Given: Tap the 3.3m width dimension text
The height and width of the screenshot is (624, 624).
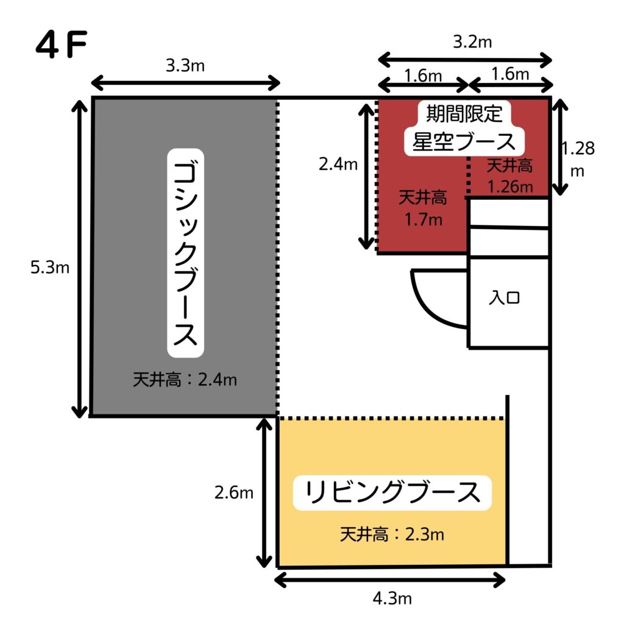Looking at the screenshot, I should coord(185,66).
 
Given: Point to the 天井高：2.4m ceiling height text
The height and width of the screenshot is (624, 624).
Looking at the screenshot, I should coord(185,380).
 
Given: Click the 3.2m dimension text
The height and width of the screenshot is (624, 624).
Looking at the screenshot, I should coord(465,43).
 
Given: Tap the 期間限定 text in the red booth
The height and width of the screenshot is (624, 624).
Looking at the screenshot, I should coord(464,114).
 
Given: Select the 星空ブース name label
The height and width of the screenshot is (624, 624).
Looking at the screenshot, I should coord(464,141).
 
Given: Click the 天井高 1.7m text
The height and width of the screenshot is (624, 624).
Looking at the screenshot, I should coord(422,208).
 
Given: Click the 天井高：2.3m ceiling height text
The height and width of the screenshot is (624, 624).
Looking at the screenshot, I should coord(392,535).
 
